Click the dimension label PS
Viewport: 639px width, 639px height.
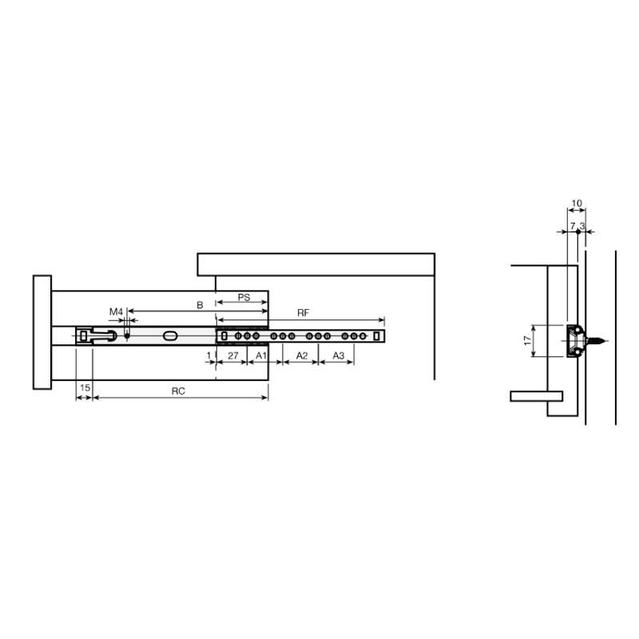click(x=244, y=297)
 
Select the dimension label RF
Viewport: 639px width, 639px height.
click(x=304, y=312)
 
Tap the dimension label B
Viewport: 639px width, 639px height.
click(x=200, y=305)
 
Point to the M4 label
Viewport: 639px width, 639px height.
click(x=116, y=312)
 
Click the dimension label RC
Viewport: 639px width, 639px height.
click(x=178, y=391)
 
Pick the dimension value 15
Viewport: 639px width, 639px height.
click(x=85, y=387)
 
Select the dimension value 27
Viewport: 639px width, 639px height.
click(x=232, y=355)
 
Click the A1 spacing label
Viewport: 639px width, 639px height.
click(x=261, y=355)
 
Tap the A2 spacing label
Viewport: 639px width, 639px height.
click(x=302, y=355)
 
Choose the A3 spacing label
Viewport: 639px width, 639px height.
click(x=338, y=355)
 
